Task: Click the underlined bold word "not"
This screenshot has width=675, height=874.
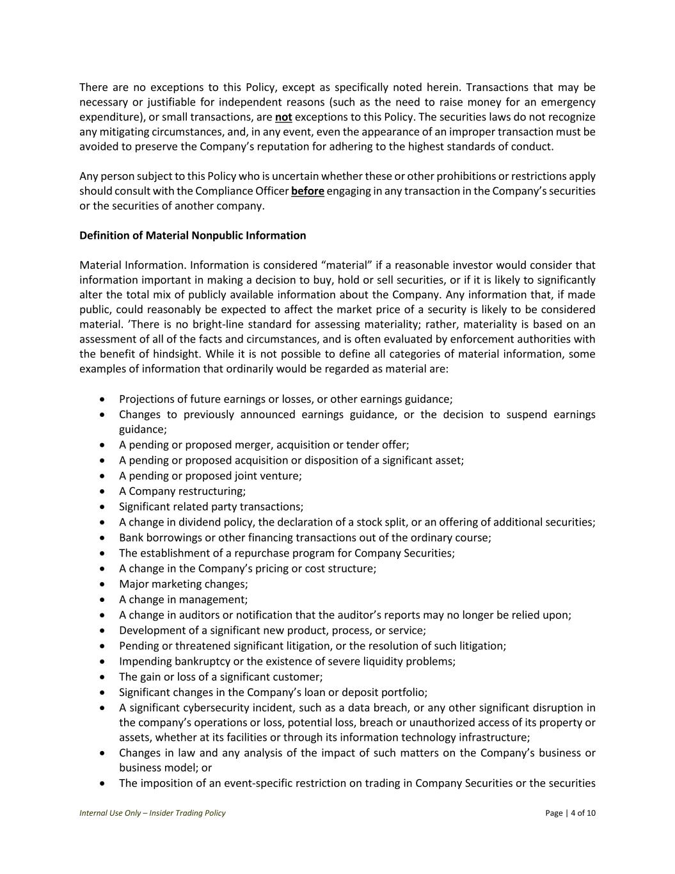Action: (x=283, y=117)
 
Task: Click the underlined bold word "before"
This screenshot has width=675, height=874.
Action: (x=307, y=191)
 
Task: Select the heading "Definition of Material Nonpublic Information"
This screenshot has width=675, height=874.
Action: (x=193, y=236)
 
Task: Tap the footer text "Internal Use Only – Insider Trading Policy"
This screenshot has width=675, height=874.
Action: (x=152, y=813)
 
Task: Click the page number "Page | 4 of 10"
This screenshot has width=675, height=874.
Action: (x=570, y=813)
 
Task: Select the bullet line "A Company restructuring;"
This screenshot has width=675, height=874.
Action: (x=182, y=491)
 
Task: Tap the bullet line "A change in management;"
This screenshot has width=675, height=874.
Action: (x=183, y=599)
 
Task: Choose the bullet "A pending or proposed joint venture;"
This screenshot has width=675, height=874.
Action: (x=210, y=476)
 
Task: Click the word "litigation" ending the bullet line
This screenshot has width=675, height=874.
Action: (x=482, y=646)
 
